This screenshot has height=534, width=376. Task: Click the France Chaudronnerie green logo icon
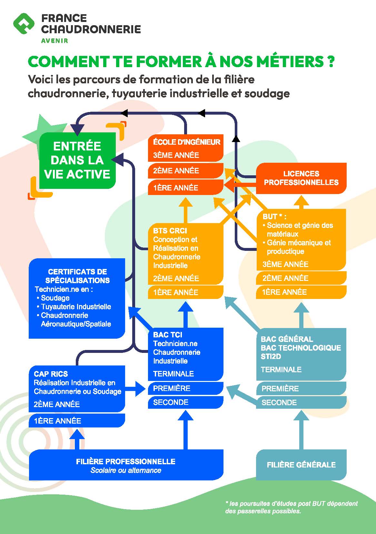tap(24, 24)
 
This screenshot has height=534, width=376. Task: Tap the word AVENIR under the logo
tap(54, 41)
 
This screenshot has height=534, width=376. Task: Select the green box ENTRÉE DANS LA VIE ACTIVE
tap(77, 160)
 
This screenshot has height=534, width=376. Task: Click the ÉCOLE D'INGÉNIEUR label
tap(186, 142)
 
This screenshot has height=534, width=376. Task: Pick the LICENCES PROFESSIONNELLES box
tap(301, 178)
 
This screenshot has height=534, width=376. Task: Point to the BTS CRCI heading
tap(170, 231)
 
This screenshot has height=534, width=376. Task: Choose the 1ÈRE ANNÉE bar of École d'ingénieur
tap(185, 188)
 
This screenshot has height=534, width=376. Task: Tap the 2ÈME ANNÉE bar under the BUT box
tap(301, 278)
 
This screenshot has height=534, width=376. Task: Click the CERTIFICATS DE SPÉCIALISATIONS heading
tap(77, 276)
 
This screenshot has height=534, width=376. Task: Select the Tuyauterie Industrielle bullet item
tap(76, 307)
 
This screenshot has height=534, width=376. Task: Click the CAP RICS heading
tap(51, 374)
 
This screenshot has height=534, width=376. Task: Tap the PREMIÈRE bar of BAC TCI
tap(185, 388)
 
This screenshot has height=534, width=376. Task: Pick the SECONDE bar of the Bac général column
tap(301, 403)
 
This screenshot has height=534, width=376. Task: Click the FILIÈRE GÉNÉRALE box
tap(301, 465)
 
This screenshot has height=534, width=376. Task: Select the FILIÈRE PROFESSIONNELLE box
tap(126, 465)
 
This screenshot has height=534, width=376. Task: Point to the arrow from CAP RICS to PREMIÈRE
tap(135, 389)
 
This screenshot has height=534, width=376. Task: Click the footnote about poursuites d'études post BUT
tap(291, 507)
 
